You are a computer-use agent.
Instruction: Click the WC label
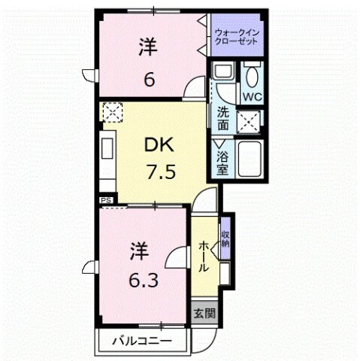click(252, 97)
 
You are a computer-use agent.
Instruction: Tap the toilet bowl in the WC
click(252, 76)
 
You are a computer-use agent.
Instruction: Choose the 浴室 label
click(223, 164)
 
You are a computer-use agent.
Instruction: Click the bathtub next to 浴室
click(249, 158)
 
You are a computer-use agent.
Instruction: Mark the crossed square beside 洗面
click(251, 121)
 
